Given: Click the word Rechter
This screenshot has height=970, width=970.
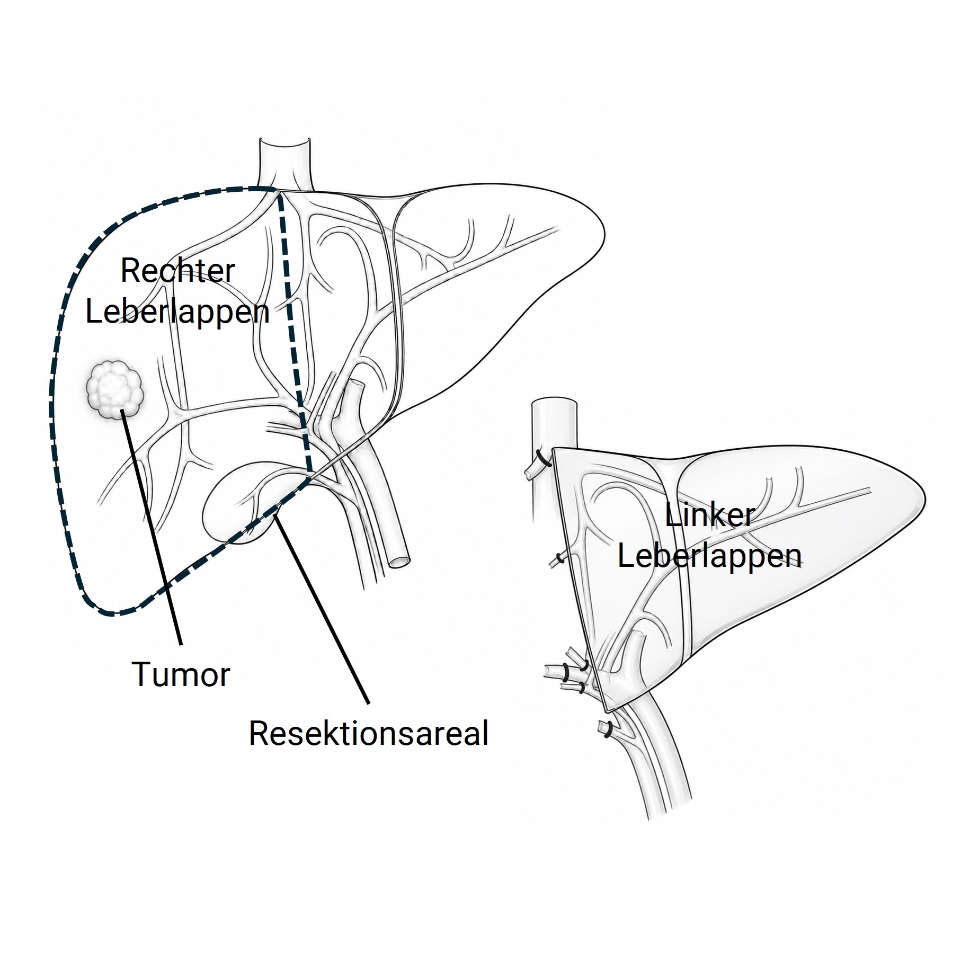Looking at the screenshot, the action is pyautogui.click(x=177, y=271).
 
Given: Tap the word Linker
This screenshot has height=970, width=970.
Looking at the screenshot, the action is pyautogui.click(x=709, y=515).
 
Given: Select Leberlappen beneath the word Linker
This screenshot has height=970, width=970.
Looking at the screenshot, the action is pyautogui.click(x=709, y=556).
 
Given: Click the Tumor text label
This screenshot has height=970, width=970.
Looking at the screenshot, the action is pyautogui.click(x=181, y=674).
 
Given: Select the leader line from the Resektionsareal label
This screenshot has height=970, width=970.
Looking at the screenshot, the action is pyautogui.click(x=322, y=611).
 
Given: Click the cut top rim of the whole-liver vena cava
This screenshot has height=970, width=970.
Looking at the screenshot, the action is pyautogui.click(x=284, y=142).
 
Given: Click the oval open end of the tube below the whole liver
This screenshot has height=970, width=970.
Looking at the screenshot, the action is pyautogui.click(x=398, y=560).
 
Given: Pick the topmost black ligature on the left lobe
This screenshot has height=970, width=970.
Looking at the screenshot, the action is pyautogui.click(x=544, y=458).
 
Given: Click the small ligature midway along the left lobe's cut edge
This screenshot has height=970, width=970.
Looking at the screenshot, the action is pyautogui.click(x=559, y=557).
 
